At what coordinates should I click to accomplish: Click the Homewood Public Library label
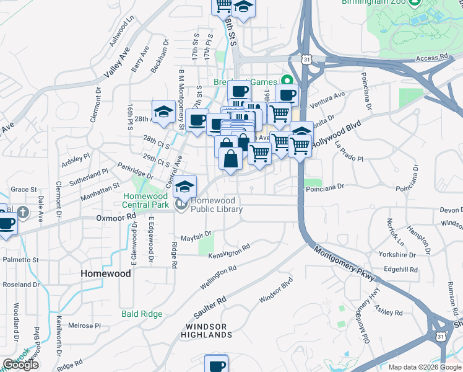(x=216, y=205)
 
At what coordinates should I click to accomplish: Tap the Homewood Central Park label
(x=145, y=200)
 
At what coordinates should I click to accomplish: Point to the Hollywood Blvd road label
(x=336, y=134)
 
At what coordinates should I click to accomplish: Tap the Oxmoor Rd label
(x=116, y=218)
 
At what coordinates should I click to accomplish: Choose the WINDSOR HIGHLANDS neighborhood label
(x=206, y=330)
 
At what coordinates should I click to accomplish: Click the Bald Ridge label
(x=142, y=314)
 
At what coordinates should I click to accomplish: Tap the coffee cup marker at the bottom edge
(x=216, y=365)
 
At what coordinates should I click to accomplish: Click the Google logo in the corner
(x=20, y=365)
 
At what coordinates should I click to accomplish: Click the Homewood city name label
(x=106, y=273)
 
